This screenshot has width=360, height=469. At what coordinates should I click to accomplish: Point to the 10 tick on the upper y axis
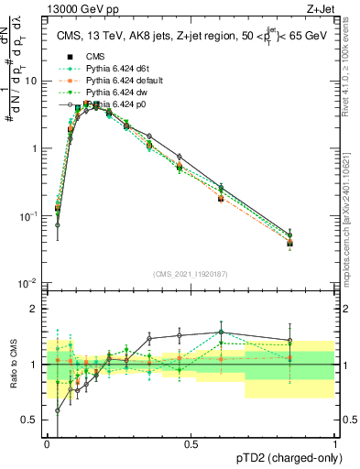[x=30, y=81]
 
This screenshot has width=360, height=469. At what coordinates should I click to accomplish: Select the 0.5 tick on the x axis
[x=191, y=443]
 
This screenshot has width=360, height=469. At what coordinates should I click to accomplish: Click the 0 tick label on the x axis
[x=47, y=443]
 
